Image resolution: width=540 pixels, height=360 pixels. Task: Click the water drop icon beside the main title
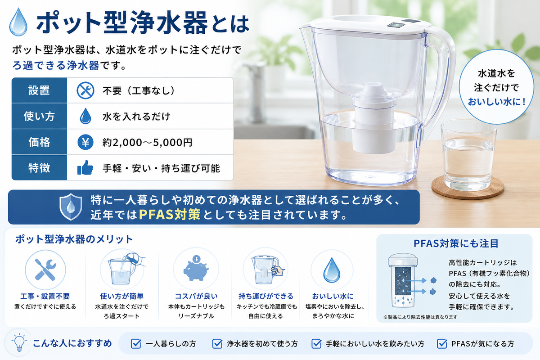click(18, 22)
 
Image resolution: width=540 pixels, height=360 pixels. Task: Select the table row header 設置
click(39, 90)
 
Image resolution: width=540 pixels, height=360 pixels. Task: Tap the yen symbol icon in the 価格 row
click(85, 142)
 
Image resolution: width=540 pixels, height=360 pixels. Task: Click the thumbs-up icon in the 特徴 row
click(85, 167)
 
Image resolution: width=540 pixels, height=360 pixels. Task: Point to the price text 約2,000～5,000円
click(147, 142)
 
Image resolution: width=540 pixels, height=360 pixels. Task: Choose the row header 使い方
click(39, 116)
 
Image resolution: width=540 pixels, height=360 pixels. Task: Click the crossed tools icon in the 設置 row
click(85, 90)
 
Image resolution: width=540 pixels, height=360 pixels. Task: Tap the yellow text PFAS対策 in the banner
click(170, 214)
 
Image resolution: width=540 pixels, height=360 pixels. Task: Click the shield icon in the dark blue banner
click(71, 207)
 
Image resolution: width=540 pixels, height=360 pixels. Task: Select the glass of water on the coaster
click(468, 156)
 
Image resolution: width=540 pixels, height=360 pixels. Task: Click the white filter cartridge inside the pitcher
click(373, 118)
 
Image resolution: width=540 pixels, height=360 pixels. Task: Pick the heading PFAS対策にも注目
click(456, 243)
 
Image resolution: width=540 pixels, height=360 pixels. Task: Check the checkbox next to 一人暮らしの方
click(136, 344)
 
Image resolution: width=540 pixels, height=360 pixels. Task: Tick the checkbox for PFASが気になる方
click(442, 344)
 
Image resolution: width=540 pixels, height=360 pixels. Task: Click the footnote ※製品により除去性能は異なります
click(420, 317)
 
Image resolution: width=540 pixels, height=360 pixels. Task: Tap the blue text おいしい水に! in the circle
click(496, 102)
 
